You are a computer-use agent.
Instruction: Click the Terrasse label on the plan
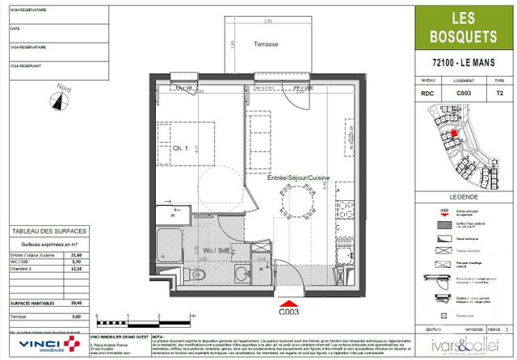pos(266,44)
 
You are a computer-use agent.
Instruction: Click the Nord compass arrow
pos(58,100)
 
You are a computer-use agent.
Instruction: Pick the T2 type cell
pos(498,94)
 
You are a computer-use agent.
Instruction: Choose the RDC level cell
pos(427,94)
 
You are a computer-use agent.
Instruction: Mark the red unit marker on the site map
pos(454,135)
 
